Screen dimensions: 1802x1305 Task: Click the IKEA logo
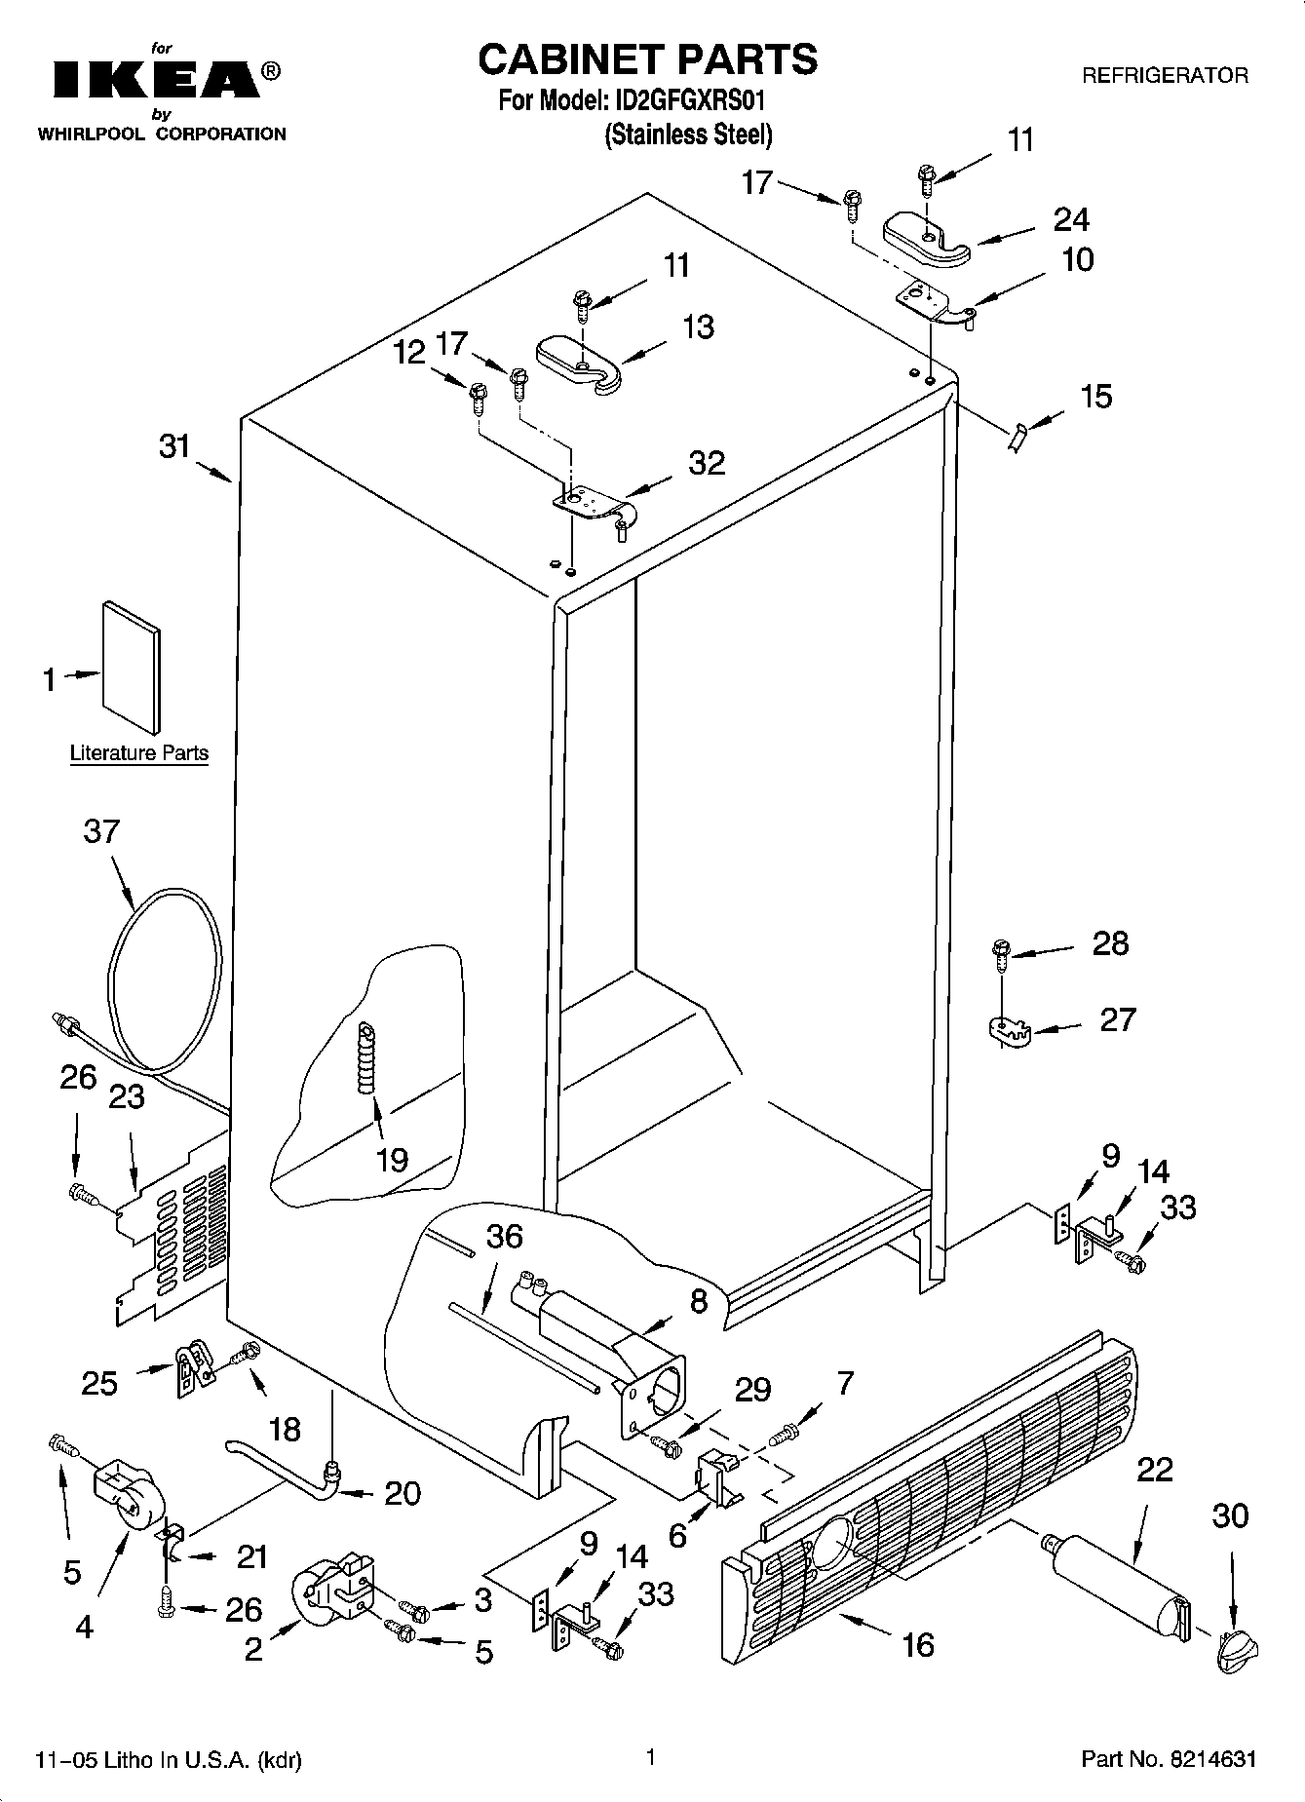[x=156, y=80]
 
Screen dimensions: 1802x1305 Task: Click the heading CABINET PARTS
[x=647, y=59]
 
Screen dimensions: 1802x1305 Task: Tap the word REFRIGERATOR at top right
[x=1165, y=76]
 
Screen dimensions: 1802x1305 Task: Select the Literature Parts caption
[x=138, y=752]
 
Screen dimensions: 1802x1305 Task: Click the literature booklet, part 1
[x=132, y=665]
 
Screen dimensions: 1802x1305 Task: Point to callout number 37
[x=101, y=831]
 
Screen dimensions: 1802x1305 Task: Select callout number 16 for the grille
[x=918, y=1645]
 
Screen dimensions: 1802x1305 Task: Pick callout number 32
[x=707, y=462]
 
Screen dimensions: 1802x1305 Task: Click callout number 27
[x=1117, y=1019]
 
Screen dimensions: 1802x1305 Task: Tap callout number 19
[x=392, y=1160]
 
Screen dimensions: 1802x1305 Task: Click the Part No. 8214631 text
[x=1168, y=1759]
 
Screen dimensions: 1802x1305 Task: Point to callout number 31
[x=174, y=447]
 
